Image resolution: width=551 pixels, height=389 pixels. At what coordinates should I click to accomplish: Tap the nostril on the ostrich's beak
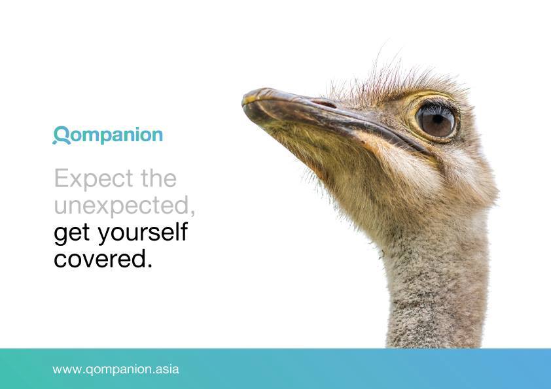pos(325,103)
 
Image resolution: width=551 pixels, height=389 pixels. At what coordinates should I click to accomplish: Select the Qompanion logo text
pos(108,135)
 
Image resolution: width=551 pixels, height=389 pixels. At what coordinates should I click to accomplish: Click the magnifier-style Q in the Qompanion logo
pos(61,135)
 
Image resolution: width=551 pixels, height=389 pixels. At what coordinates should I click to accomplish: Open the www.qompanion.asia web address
pos(115,369)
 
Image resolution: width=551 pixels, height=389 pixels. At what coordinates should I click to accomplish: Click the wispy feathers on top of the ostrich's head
pos(386,75)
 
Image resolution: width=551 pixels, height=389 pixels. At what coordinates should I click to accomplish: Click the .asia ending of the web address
pos(166,369)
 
